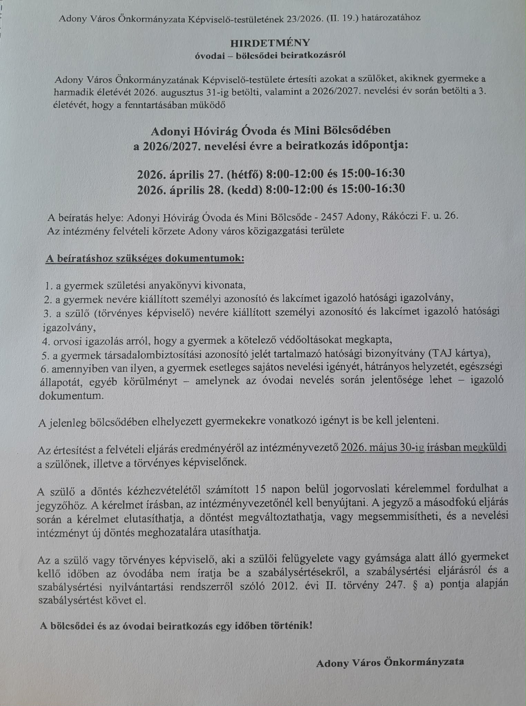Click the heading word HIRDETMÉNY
pyautogui.click(x=270, y=43)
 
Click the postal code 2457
pyautogui.click(x=332, y=216)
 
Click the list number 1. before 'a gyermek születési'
pyautogui.click(x=48, y=286)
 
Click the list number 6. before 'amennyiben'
pyautogui.click(x=44, y=369)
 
